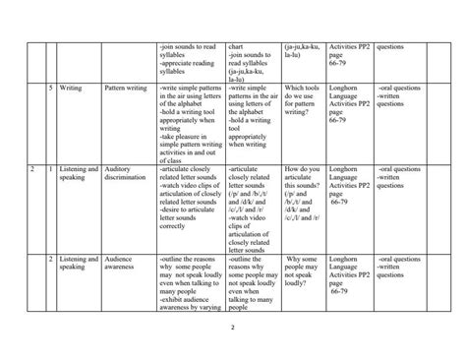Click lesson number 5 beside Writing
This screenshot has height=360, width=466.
(50, 89)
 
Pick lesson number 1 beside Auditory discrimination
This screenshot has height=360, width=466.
(50, 169)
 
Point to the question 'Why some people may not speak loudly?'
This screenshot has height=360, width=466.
(301, 270)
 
